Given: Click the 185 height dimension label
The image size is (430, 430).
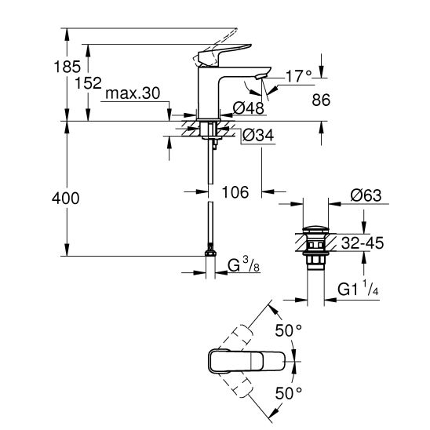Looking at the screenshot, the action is pyautogui.click(x=67, y=67).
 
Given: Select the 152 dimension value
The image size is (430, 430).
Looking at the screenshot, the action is pyautogui.click(x=89, y=83).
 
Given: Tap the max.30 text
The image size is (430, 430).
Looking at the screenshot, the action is pyautogui.click(x=133, y=93).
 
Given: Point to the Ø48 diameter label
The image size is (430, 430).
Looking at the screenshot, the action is pyautogui.click(x=249, y=107).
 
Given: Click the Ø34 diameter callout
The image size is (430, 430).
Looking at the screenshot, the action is pyautogui.click(x=258, y=135).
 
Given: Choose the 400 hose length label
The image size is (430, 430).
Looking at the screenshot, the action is pyautogui.click(x=66, y=198).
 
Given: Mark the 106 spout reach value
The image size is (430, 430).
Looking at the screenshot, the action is pyautogui.click(x=235, y=192).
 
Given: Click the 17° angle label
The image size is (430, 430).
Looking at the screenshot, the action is pyautogui.click(x=299, y=76).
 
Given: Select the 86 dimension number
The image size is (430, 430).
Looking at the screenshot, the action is pyautogui.click(x=321, y=100).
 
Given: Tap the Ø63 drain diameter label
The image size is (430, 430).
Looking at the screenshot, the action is pyautogui.click(x=366, y=195).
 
